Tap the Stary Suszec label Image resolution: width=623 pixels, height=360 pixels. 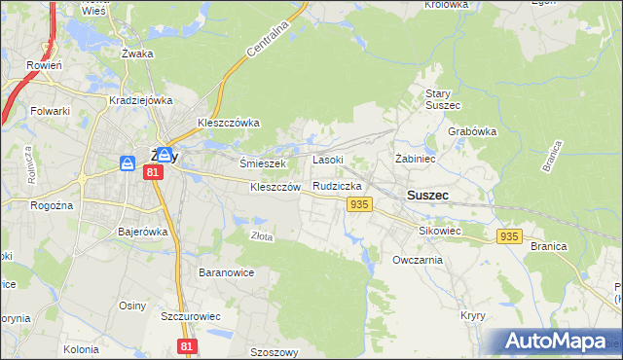point(443,98)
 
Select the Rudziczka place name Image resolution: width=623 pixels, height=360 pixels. point(338,185)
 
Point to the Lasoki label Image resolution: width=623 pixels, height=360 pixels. point(327,160)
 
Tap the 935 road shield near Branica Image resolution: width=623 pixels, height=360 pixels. point(509,236)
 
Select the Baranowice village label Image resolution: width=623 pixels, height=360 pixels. point(226,272)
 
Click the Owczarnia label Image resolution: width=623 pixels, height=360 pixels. point(418,260)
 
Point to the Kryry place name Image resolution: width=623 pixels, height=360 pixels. point(473,316)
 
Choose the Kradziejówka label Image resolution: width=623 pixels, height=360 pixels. point(141,100)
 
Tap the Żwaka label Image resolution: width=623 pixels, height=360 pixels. point(137,54)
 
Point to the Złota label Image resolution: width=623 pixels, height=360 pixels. point(261,235)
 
